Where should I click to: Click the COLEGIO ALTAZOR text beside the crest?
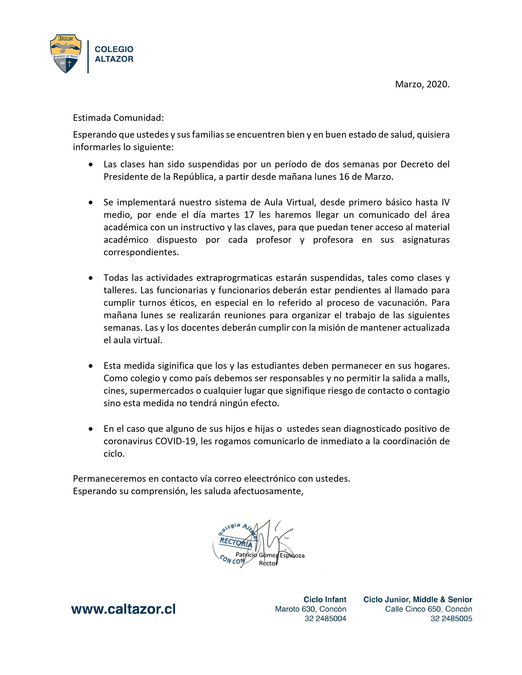point(114,54)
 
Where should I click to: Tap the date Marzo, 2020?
point(422,84)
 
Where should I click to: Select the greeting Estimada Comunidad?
point(118,118)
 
